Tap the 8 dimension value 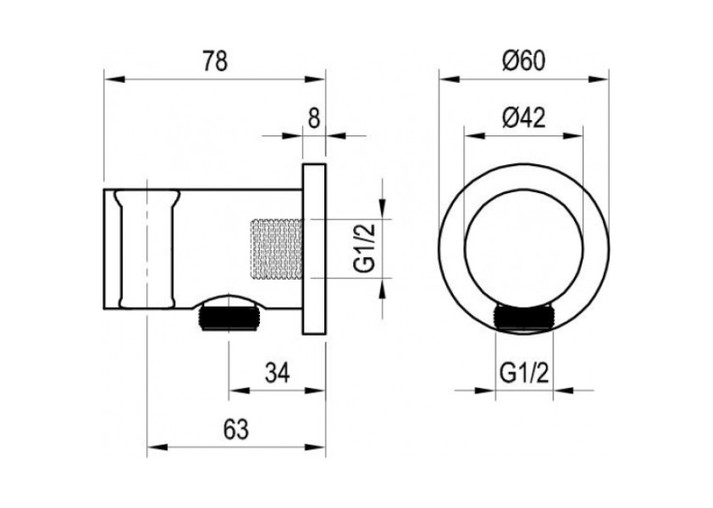point(314,118)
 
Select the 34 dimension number point(277,374)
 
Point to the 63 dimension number point(236,429)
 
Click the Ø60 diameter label point(524,61)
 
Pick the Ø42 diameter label point(524,117)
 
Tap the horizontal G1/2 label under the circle point(525,374)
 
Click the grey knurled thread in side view point(277,249)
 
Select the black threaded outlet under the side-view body point(229,318)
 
